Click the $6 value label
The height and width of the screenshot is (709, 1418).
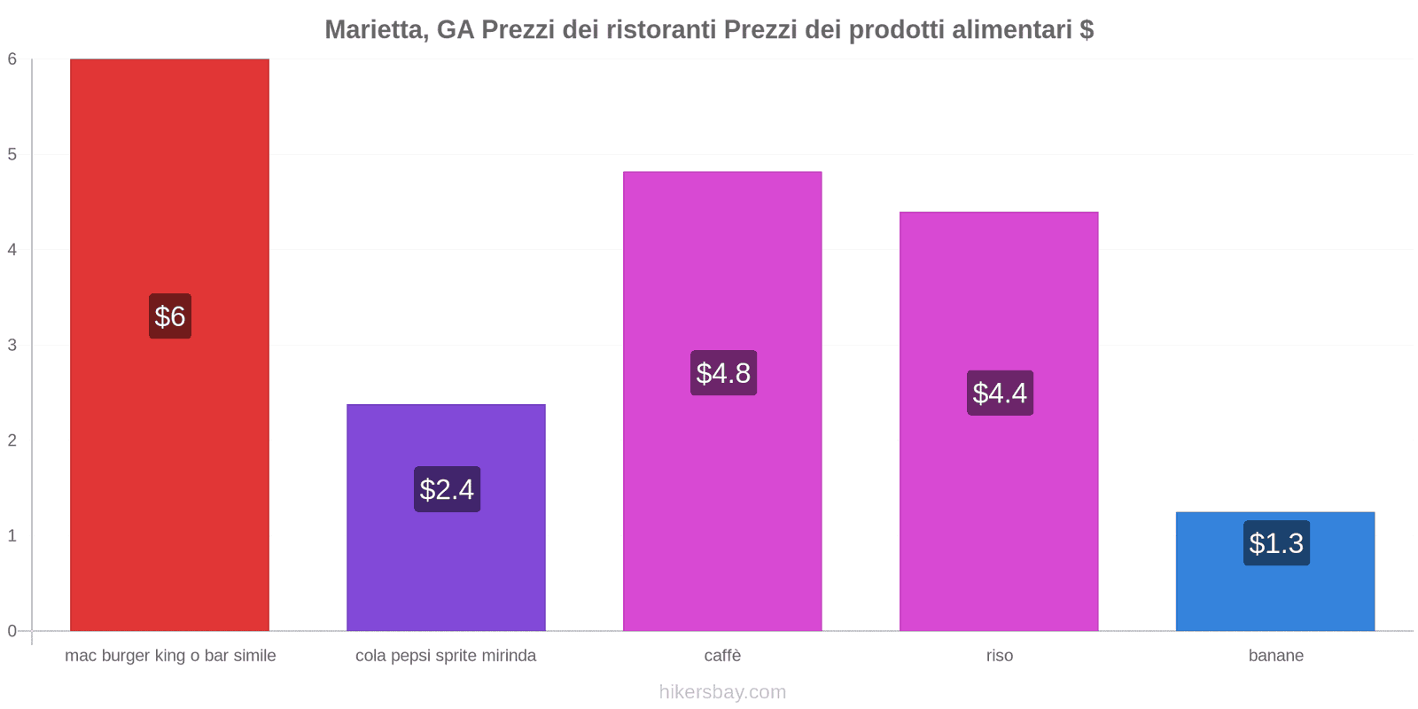point(170,316)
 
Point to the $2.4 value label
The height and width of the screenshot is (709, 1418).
point(447,489)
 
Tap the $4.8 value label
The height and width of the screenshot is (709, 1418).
point(723,373)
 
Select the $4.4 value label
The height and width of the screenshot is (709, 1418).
point(1000,393)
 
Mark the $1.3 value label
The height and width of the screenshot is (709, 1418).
point(1276,543)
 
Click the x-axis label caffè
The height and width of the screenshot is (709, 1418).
point(722,656)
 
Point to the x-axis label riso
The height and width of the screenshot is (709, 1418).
point(999,656)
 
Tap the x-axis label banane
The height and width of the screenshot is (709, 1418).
point(1275,656)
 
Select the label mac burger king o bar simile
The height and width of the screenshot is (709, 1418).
point(170,656)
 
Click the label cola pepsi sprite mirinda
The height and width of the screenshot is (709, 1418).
point(446,656)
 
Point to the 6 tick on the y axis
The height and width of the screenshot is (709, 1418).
point(12,59)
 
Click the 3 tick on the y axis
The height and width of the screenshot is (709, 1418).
point(12,345)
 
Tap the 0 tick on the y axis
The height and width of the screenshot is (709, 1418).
point(12,631)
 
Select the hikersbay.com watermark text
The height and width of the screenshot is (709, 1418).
point(722,692)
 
